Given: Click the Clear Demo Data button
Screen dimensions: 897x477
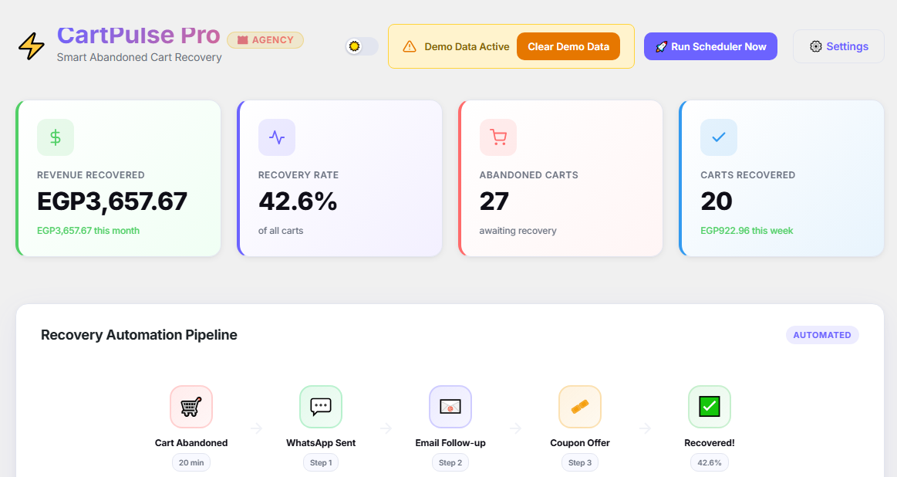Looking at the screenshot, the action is (568, 46).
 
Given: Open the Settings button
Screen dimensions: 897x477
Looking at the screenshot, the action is (838, 46).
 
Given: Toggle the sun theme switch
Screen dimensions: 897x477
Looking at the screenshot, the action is (362, 46).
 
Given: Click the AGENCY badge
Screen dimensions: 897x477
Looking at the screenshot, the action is (265, 40).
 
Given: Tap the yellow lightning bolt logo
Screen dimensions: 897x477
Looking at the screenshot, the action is (32, 46).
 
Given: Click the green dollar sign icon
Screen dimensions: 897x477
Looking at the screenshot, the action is (56, 137).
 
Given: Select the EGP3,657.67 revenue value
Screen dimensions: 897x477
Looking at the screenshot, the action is (112, 201).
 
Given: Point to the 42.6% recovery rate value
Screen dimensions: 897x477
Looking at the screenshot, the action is (298, 201).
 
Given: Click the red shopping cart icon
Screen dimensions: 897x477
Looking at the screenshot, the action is (498, 137).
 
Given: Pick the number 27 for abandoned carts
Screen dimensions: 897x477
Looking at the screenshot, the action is (494, 201).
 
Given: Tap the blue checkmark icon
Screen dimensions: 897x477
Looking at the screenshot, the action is (719, 137).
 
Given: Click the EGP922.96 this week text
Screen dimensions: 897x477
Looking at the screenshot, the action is (747, 231).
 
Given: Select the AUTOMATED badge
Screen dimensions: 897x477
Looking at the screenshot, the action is (822, 335).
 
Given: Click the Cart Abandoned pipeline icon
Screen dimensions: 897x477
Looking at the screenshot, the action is (191, 407).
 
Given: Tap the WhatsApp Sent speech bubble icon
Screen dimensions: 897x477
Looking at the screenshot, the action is (321, 407).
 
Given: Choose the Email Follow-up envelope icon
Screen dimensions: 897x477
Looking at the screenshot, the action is (450, 407).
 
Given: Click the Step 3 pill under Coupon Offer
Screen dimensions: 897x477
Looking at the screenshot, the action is (580, 462).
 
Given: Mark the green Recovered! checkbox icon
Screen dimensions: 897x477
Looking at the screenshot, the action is (710, 407).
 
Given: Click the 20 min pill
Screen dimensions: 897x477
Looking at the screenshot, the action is (191, 462).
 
